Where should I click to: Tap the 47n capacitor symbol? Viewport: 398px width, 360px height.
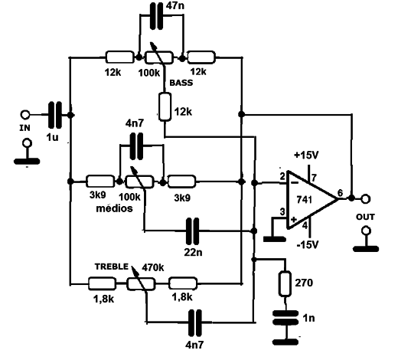pos(156,16)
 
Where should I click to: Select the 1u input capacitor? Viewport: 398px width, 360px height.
pos(55,115)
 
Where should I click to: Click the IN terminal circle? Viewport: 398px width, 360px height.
pos(25,115)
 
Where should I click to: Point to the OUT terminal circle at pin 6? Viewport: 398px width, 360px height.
pos(366,198)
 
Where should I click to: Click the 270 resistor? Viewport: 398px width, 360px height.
pos(285,284)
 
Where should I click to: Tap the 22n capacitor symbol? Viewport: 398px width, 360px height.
pos(192,231)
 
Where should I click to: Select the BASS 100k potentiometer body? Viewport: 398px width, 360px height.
pos(159,57)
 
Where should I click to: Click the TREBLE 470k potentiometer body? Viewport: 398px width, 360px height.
pos(141,283)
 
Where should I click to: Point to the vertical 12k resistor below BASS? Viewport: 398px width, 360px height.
pos(165,106)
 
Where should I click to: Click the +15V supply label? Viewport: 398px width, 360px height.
pos(306,155)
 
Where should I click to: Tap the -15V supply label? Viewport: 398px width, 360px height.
pos(308,244)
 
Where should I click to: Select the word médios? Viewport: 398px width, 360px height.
pos(114,208)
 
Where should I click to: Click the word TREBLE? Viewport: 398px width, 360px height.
pos(112,267)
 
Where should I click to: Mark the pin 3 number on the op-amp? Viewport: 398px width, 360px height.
pos(282,211)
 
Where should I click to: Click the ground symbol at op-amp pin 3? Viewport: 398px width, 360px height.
pos(275,239)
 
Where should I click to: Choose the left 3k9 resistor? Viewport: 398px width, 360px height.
pos(101,182)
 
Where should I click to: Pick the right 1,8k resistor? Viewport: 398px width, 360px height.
pos(183,283)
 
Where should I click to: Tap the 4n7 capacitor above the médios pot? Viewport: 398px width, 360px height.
pos(136,146)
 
